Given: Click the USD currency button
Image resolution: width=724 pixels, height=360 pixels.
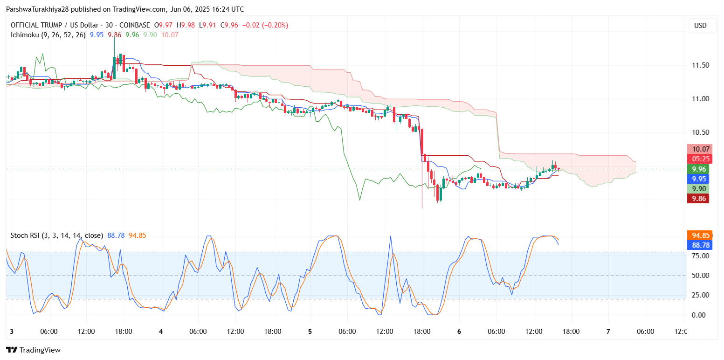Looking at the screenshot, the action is [700, 26].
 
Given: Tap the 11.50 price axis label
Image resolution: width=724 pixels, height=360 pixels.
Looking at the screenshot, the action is [700, 65].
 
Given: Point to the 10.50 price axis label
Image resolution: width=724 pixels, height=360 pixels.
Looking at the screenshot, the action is [700, 132].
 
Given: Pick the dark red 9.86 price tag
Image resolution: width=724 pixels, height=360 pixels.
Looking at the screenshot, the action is [698, 199].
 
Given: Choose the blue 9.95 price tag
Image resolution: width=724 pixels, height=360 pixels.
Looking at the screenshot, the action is [698, 179].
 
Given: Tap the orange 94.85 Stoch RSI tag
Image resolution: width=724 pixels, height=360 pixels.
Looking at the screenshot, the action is [700, 235].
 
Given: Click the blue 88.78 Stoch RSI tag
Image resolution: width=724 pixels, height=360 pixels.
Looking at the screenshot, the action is [700, 245].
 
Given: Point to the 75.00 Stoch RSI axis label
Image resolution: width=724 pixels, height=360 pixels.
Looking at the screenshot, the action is [700, 256].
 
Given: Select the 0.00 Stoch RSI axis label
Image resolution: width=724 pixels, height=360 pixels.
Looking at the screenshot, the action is [698, 315].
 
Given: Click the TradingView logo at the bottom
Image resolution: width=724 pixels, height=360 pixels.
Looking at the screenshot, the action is [33, 350].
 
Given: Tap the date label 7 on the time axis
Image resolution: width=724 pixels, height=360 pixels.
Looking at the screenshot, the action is [608, 332].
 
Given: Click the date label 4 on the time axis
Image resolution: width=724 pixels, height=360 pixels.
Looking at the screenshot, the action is [161, 332].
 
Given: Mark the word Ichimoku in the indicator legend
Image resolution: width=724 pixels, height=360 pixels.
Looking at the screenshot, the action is [25, 35].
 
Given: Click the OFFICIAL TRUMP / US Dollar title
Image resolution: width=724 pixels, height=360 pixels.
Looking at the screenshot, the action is [55, 25].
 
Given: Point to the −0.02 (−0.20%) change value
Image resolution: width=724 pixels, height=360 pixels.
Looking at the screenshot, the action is [265, 25].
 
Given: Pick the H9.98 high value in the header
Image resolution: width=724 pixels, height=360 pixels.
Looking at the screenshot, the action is [186, 25].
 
